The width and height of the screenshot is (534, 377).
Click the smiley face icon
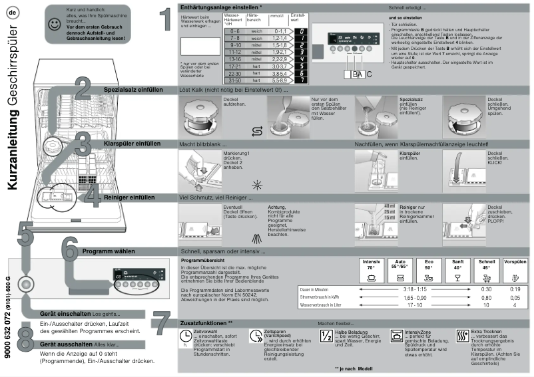[53, 23]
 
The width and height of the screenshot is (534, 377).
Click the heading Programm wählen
[107, 251]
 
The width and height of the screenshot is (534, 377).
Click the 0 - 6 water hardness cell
[233, 31]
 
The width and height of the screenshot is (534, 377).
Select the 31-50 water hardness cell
[233, 79]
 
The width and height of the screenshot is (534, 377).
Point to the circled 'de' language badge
[13, 14]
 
